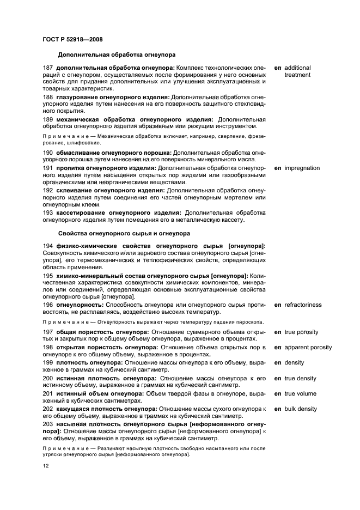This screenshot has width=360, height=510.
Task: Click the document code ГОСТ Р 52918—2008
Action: (72, 39)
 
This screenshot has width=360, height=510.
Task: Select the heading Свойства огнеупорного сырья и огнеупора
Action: (124, 234)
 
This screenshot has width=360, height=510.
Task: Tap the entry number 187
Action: (48, 68)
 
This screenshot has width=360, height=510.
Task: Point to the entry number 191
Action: (48, 168)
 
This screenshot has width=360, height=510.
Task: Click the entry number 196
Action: (48, 305)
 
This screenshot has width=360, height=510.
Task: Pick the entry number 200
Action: (48, 378)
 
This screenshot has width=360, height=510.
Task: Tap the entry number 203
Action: (48, 424)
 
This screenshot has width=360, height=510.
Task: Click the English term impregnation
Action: (302, 168)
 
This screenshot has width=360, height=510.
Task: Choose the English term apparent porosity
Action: (308, 347)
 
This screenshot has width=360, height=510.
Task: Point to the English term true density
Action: (301, 378)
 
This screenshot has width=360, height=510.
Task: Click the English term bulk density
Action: (301, 409)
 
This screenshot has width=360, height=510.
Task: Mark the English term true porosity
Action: (302, 332)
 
